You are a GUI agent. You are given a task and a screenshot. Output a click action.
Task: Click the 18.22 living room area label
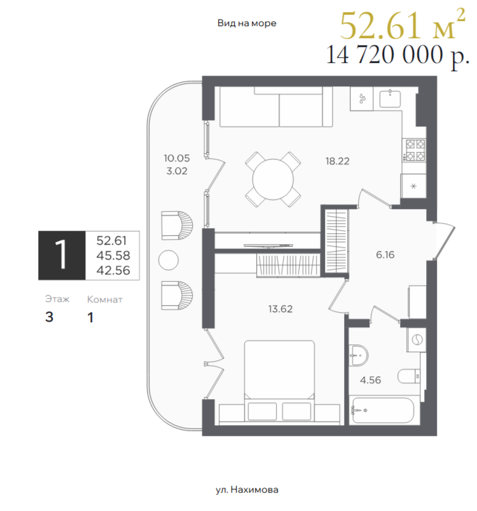(338, 161)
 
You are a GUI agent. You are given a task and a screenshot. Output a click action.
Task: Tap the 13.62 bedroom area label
(280, 309)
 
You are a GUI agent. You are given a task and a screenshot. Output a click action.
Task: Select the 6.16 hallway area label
(385, 254)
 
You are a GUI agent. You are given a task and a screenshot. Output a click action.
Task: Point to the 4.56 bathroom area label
(370, 380)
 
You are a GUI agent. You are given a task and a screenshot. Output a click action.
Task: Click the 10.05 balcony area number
(177, 158)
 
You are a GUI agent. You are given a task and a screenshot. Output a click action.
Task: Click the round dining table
(273, 179)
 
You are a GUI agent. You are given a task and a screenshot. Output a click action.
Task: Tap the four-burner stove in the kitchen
(414, 150)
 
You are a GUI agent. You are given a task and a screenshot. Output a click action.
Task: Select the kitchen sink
(390, 99)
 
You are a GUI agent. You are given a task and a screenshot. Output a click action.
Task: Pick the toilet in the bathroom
(411, 376)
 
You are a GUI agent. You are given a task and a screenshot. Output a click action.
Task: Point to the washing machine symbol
(417, 340)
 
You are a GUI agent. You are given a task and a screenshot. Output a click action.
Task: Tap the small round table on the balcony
(169, 260)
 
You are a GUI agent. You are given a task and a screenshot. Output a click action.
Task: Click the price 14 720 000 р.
(397, 55)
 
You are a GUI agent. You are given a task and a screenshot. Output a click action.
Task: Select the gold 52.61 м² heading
(403, 25)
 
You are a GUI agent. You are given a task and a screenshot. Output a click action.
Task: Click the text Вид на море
(247, 23)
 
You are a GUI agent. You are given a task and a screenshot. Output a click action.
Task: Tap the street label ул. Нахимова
(247, 489)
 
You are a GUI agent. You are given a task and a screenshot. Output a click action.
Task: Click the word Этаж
(57, 299)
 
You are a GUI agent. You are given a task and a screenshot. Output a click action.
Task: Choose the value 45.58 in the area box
(113, 255)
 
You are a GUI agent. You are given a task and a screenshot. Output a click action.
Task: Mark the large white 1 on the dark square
(61, 255)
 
